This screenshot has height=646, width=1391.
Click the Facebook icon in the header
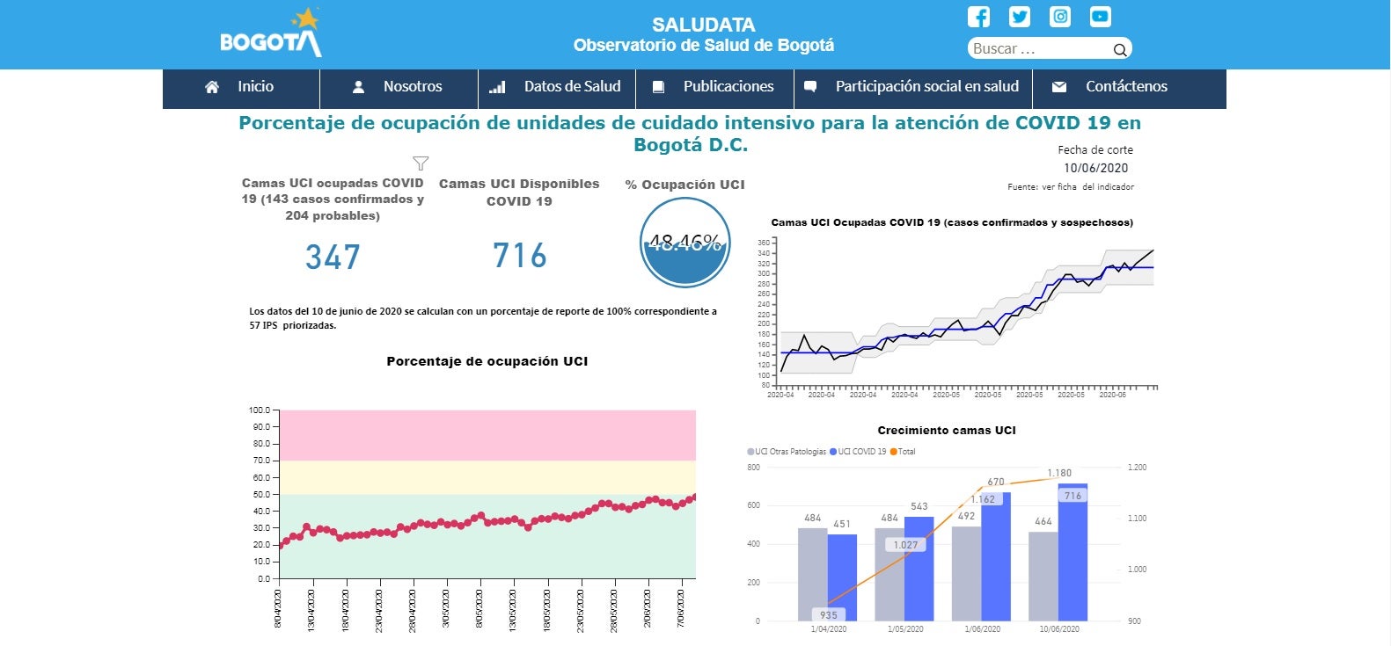pyautogui.click(x=978, y=17)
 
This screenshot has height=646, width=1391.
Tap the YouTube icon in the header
pyautogui.click(x=1100, y=17)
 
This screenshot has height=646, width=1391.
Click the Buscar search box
pyautogui.click(x=1038, y=49)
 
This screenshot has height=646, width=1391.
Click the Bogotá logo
pyautogui.click(x=270, y=35)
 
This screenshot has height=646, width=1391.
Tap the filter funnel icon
pyautogui.click(x=421, y=163)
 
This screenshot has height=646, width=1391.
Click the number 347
pyautogui.click(x=333, y=258)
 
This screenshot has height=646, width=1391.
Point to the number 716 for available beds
pyautogui.click(x=519, y=256)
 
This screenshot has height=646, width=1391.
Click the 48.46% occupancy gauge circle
pyautogui.click(x=685, y=243)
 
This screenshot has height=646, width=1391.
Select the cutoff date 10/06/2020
pyautogui.click(x=1095, y=168)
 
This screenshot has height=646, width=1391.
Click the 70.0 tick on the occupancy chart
pyautogui.click(x=261, y=461)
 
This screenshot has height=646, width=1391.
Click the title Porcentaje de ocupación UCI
pyautogui.click(x=487, y=361)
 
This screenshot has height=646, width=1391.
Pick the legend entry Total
pyautogui.click(x=903, y=452)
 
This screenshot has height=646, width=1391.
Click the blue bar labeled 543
pyautogui.click(x=919, y=568)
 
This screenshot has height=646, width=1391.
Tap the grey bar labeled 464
pyautogui.click(x=1043, y=576)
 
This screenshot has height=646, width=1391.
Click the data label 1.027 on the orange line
pyautogui.click(x=905, y=545)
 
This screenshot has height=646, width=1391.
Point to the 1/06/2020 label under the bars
pyautogui.click(x=982, y=629)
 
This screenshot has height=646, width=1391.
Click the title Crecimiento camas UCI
pyautogui.click(x=946, y=431)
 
